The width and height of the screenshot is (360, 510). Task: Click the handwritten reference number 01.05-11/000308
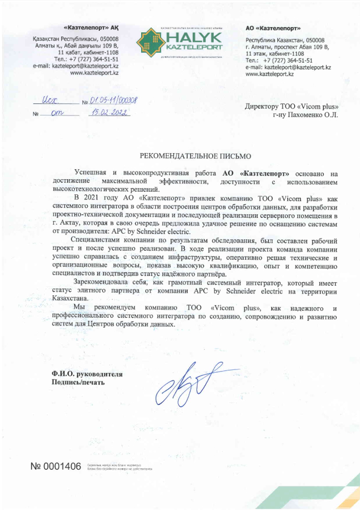(x=114, y=101)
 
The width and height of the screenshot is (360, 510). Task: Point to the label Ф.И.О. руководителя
(x=87, y=375)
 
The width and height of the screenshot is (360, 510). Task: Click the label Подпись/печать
(x=78, y=382)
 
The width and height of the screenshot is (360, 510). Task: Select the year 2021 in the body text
(x=101, y=198)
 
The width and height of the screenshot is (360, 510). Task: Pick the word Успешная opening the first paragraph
(x=91, y=172)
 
